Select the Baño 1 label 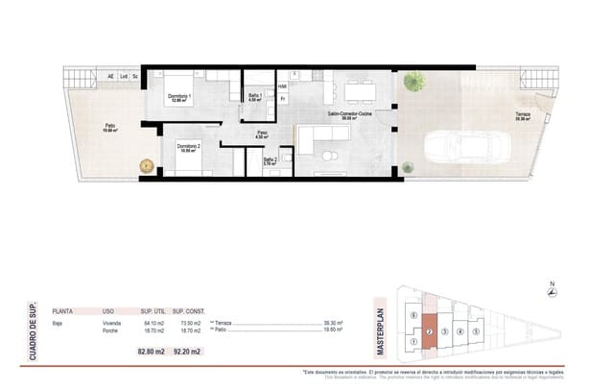[256, 98]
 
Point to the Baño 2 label [270, 161]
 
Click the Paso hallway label [261, 135]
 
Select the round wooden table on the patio [147, 165]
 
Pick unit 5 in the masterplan [476, 332]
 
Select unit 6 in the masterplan [413, 314]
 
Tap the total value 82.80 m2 [151, 353]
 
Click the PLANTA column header [62, 311]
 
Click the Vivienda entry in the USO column [111, 323]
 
